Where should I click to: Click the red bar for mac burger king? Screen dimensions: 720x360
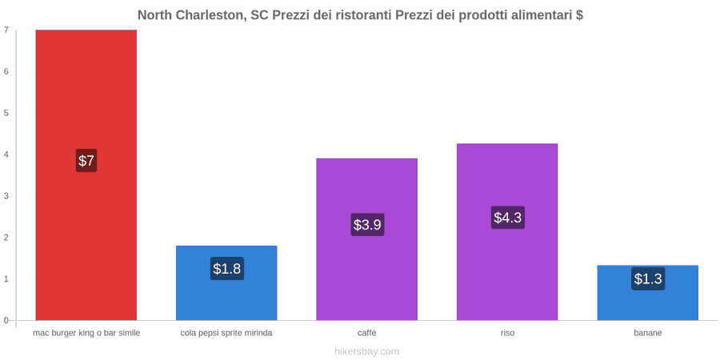click(86, 175)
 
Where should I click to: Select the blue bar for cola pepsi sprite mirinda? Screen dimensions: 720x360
click(226, 283)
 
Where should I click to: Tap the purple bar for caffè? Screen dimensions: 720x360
click(367, 239)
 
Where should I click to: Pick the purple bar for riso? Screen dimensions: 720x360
click(507, 232)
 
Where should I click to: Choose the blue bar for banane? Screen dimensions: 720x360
click(647, 293)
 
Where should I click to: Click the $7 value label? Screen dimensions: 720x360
click(86, 161)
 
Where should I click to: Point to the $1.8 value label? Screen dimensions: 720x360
click(227, 268)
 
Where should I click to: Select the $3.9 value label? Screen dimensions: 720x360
click(367, 225)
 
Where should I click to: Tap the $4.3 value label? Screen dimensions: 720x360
click(508, 217)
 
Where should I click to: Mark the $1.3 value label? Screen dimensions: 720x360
click(648, 278)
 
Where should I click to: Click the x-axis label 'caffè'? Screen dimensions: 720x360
click(367, 333)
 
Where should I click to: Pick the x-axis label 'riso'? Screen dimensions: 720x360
click(507, 333)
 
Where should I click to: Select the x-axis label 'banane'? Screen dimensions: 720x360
click(648, 333)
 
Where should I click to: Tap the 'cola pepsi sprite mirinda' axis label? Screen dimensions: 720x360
click(226, 333)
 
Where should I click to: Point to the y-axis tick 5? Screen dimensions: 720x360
click(6, 113)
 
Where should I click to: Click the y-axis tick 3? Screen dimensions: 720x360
click(6, 196)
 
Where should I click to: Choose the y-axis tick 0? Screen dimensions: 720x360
click(6, 321)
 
